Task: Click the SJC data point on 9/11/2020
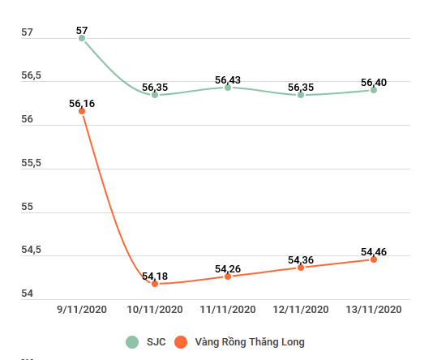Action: pos(82,38)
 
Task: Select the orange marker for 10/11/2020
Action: pos(155,284)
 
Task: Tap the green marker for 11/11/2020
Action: pos(228,87)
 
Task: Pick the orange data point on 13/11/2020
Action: pos(374,259)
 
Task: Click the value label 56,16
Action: pos(82,104)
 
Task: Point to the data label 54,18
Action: pos(155,276)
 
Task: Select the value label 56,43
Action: pos(228,80)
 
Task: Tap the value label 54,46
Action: pos(374,252)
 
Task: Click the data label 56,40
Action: pos(374,83)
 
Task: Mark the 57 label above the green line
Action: pos(82,31)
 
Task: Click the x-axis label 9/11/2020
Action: pos(82,310)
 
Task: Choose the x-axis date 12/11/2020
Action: pos(301,310)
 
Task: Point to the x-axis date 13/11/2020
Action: pos(374,310)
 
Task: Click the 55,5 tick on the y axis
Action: pos(31,164)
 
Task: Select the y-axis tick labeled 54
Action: pos(27,294)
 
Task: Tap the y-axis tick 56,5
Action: pos(31,76)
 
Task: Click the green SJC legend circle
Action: pos(132,342)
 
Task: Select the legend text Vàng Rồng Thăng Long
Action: pos(250,342)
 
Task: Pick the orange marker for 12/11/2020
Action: pos(301,268)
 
